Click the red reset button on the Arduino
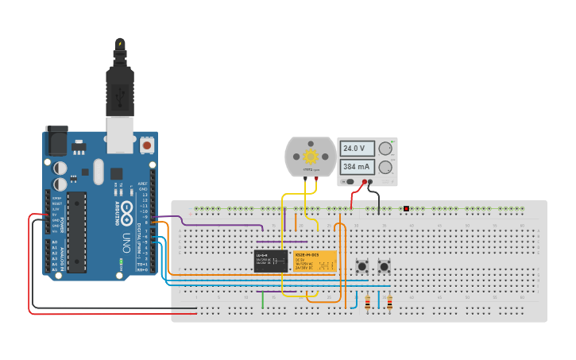tap(147, 145)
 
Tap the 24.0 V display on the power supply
tap(354, 149)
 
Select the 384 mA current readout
tap(355, 167)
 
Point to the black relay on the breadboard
tap(271, 261)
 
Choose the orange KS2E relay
tap(315, 261)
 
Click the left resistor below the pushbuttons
tap(367, 301)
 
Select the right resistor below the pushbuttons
tap(389, 301)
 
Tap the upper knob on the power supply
tap(386, 149)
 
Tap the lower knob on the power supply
tap(386, 167)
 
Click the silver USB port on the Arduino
tap(120, 136)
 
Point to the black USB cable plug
tap(119, 87)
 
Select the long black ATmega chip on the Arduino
tap(76, 231)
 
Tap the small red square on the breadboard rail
tap(406, 209)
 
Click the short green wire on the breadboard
tap(263, 300)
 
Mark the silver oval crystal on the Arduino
tap(98, 170)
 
